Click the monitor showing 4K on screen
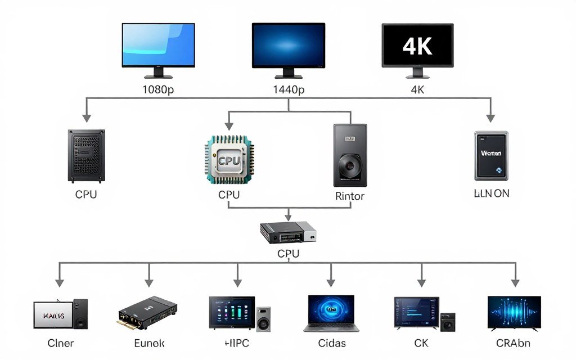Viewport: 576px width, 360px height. [x=417, y=46]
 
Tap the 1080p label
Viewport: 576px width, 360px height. [x=158, y=89]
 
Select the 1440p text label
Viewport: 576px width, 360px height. [x=289, y=89]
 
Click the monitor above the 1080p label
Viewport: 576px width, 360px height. [x=158, y=46]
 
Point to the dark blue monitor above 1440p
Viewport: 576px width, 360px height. [x=289, y=46]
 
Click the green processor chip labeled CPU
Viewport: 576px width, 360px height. [x=229, y=160]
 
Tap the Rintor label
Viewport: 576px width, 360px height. [x=350, y=196]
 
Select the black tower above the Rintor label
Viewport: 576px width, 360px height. [x=350, y=155]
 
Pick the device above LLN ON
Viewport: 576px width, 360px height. [x=491, y=155]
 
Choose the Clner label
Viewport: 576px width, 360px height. [x=60, y=343]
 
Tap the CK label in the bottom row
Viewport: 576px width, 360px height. [x=421, y=343]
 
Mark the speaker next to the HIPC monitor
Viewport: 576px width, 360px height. [x=263, y=318]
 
